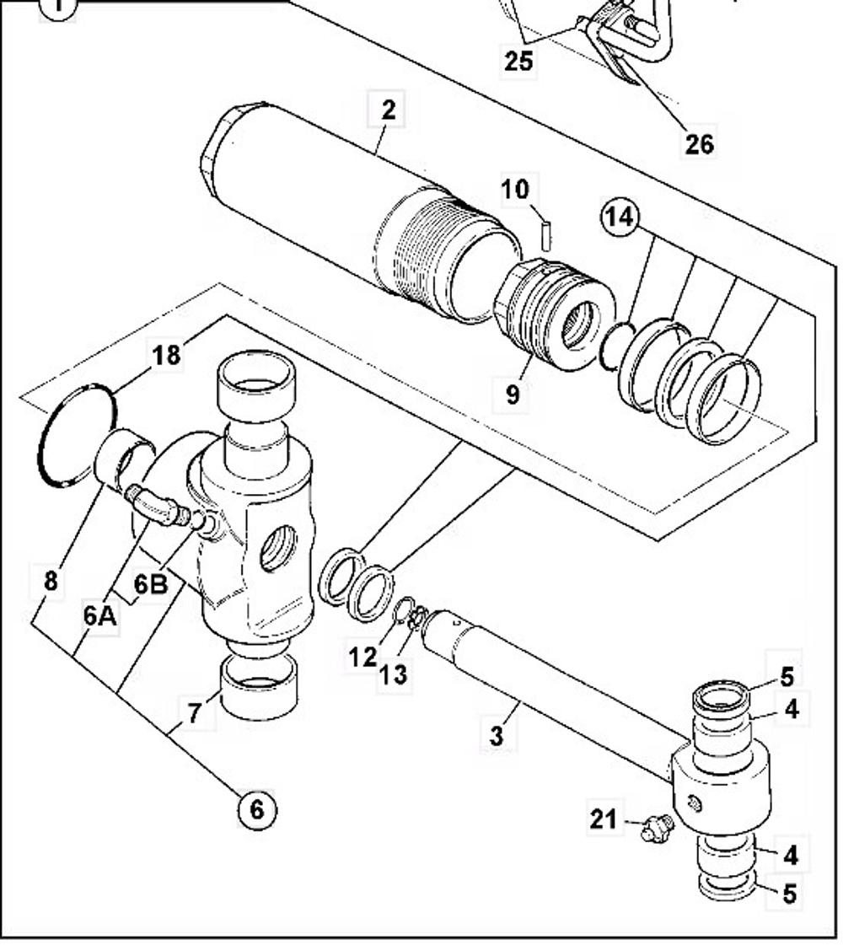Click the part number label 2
coord(388,110)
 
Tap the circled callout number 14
coord(619,217)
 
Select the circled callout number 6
coord(256,809)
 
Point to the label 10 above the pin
coord(515,189)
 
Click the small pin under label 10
coord(545,235)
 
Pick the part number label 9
coord(513,394)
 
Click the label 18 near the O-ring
coord(167,355)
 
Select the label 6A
coord(99,615)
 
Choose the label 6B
coord(152,583)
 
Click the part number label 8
coord(51,581)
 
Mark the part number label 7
coord(194,713)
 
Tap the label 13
coord(394,674)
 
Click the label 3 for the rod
coord(497,734)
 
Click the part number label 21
coord(603,818)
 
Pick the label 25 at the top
coord(519,61)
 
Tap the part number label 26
coord(699,143)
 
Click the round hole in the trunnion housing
coord(277,548)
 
